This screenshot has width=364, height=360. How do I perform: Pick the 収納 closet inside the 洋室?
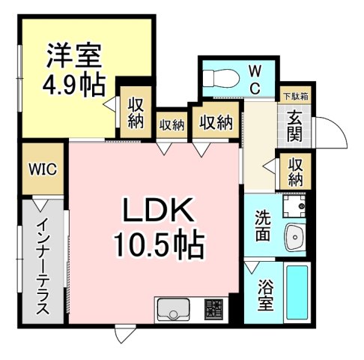click(135, 113)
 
